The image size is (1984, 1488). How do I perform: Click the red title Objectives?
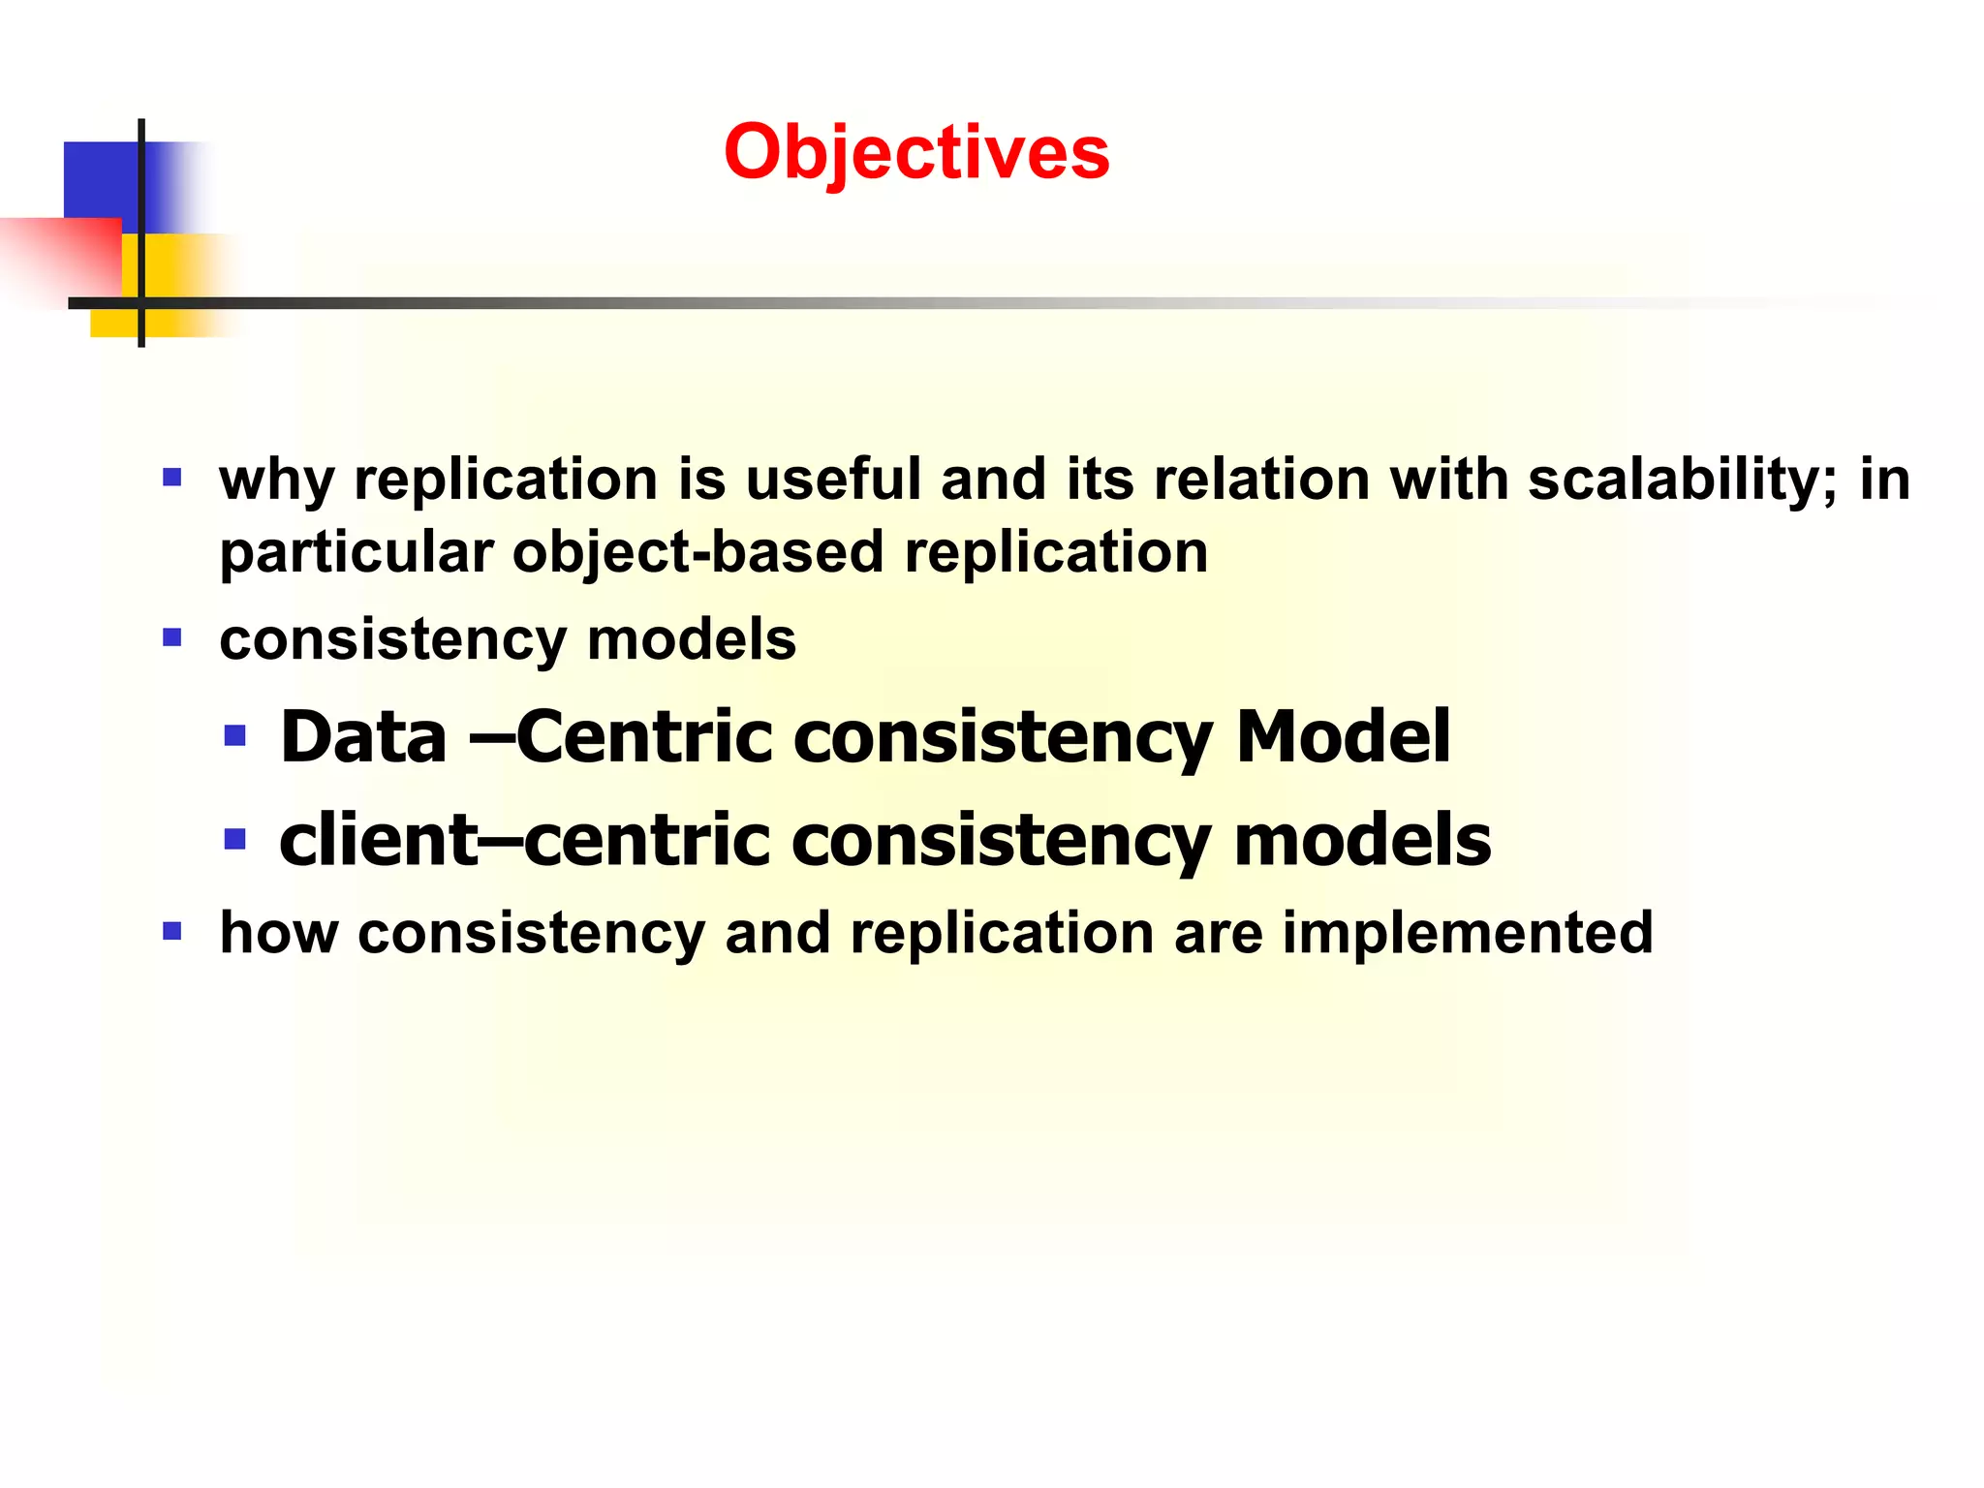click(x=915, y=153)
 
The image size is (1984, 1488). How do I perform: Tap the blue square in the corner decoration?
click(x=102, y=179)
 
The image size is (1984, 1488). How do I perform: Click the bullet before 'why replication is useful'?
click(x=172, y=478)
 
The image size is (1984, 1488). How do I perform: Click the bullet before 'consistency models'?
click(x=172, y=637)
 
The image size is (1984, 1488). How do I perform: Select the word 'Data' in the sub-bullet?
click(x=363, y=737)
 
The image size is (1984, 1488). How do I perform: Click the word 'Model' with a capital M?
click(x=1343, y=737)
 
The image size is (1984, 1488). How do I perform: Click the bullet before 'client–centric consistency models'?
click(x=234, y=838)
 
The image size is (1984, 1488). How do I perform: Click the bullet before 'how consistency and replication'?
click(x=172, y=932)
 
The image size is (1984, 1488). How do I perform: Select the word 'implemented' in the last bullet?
click(x=1467, y=934)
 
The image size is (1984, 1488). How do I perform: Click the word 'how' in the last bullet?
click(x=279, y=933)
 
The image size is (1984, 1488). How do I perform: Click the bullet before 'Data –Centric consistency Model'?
click(x=234, y=736)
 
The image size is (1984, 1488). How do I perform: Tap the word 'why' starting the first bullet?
click(x=277, y=481)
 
